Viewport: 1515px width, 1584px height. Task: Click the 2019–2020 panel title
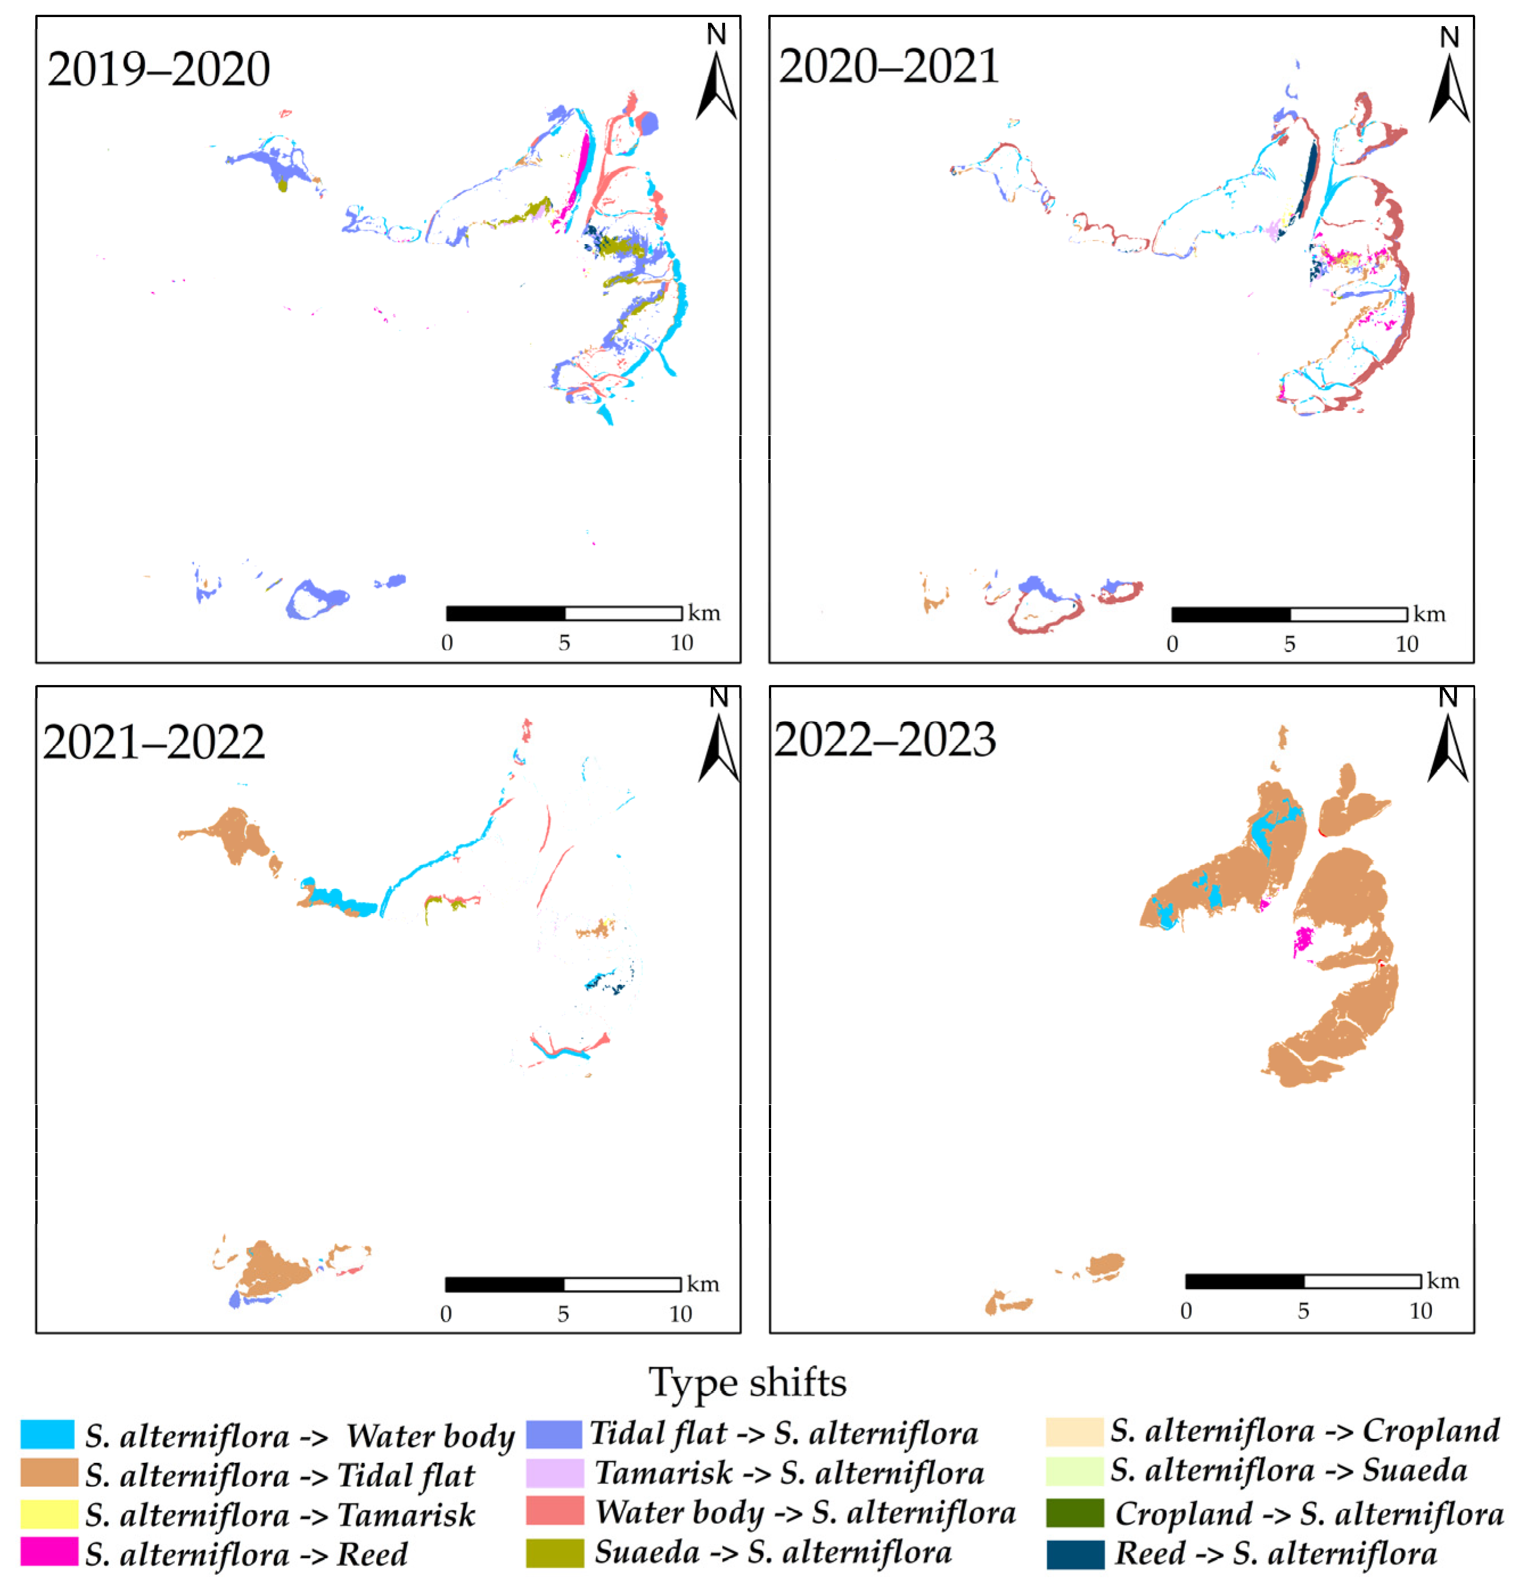pos(158,69)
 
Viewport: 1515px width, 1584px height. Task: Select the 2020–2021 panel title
pos(888,66)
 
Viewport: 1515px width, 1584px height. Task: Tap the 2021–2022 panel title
pos(154,742)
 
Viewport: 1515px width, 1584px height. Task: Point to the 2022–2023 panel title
pos(885,740)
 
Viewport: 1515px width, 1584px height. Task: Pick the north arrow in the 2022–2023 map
pos(1448,747)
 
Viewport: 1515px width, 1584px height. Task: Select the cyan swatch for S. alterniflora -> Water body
pos(48,1434)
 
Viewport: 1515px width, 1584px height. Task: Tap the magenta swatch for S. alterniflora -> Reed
pos(48,1552)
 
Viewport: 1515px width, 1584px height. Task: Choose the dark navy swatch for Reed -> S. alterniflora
pos(1075,1554)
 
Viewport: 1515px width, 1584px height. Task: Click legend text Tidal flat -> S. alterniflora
pos(783,1434)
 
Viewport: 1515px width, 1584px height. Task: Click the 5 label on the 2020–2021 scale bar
pos(1290,644)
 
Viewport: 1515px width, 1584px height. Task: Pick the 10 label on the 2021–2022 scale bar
pos(680,1314)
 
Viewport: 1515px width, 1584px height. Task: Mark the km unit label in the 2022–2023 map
pos(1443,1281)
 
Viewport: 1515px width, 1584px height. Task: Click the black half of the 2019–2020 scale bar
pos(505,613)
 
